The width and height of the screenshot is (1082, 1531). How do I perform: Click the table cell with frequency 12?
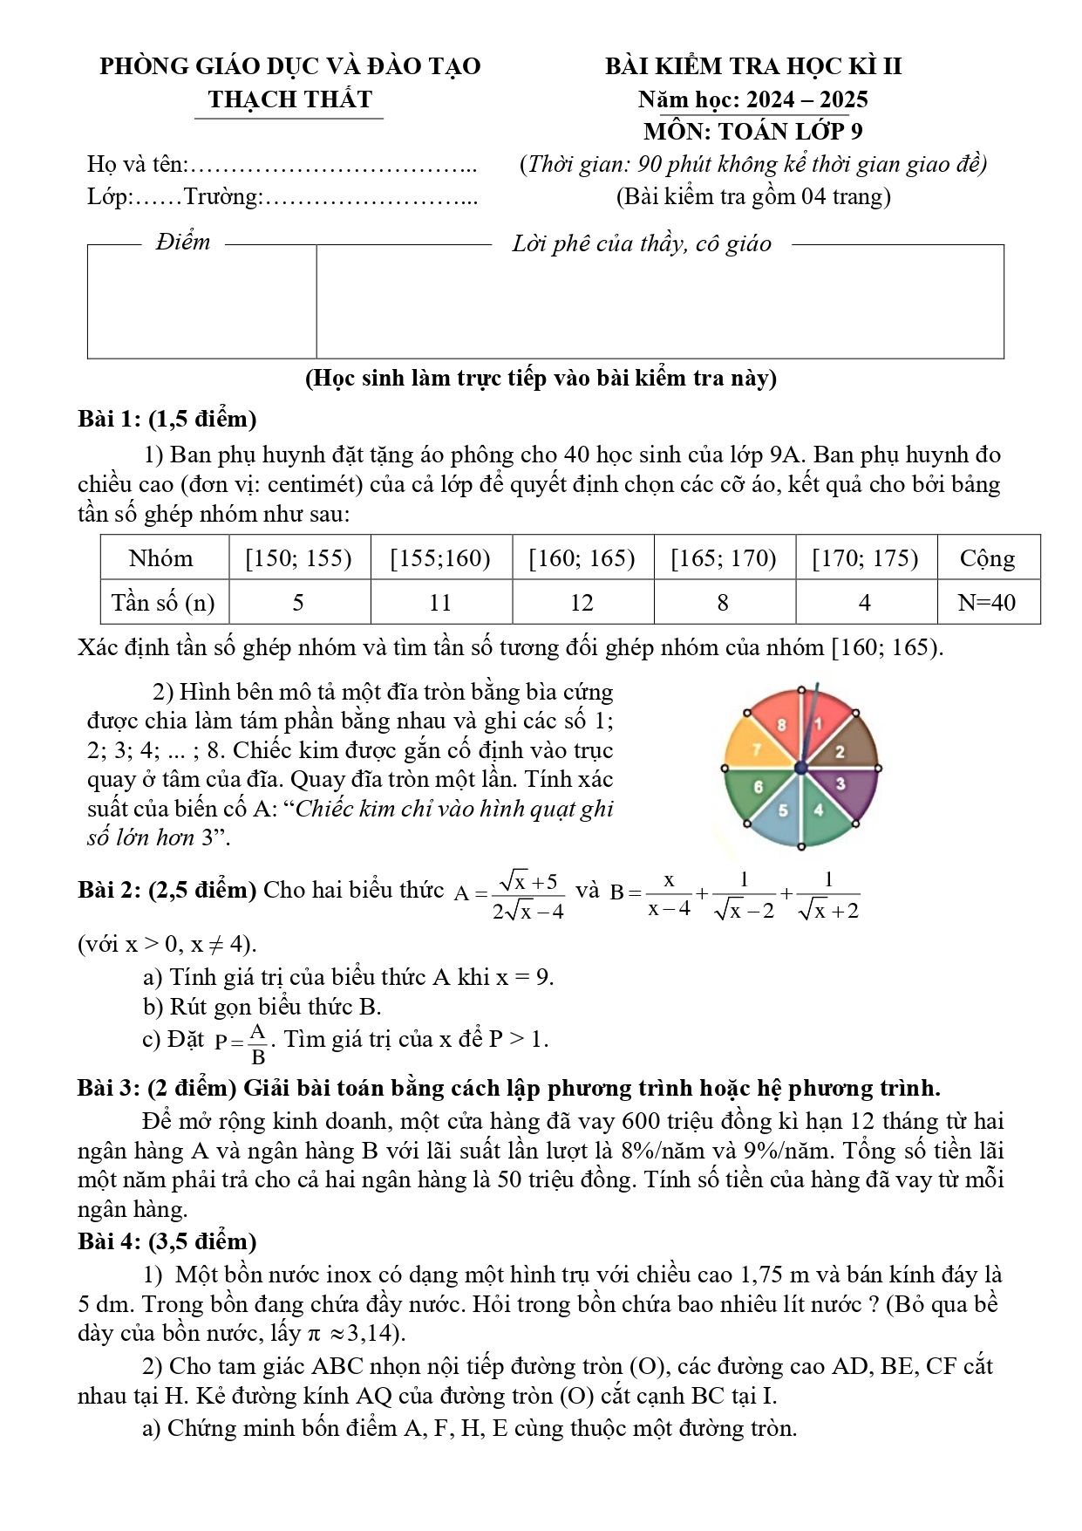click(582, 603)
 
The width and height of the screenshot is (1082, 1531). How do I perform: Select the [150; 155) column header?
click(298, 558)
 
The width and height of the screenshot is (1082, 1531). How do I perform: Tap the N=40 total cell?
click(987, 603)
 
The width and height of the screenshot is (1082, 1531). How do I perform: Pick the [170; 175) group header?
click(865, 558)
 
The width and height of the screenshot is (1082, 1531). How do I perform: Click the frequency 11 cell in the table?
click(440, 603)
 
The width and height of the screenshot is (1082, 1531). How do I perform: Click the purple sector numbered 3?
click(841, 784)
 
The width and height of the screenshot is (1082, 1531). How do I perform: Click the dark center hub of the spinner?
click(801, 768)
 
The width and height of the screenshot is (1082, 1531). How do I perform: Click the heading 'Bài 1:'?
click(109, 420)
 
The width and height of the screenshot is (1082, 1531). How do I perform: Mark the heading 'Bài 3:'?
click(109, 1089)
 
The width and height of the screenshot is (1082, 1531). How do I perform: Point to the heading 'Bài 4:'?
click(109, 1241)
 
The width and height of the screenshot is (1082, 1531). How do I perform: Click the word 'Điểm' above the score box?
click(183, 243)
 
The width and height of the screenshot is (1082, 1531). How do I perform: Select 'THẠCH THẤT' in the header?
click(290, 99)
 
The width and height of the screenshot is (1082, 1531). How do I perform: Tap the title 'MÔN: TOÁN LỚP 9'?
click(753, 132)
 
